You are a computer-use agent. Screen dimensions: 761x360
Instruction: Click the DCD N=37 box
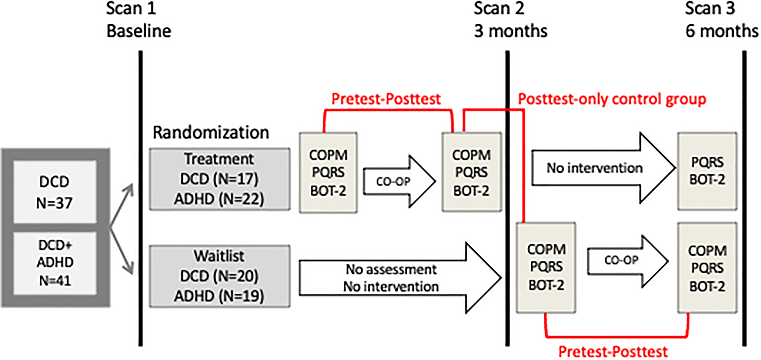click(55, 192)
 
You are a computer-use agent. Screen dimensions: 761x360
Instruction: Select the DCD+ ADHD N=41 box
click(55, 263)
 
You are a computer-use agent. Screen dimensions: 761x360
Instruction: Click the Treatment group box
click(219, 179)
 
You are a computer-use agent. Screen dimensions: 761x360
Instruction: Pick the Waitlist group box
click(219, 276)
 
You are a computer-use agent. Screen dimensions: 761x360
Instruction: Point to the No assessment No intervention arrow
click(400, 278)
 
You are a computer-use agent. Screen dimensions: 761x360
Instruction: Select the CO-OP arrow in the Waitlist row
click(628, 261)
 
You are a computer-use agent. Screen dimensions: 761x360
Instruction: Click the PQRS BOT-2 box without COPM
click(707, 171)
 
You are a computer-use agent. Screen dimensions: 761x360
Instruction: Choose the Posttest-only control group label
click(612, 99)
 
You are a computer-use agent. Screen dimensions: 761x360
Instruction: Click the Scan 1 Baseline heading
click(139, 20)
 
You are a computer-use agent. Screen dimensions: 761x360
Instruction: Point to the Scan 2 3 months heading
click(510, 20)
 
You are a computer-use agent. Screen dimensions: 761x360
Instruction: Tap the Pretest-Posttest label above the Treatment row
click(386, 99)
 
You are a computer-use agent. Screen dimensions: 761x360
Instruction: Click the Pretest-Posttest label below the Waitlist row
click(613, 352)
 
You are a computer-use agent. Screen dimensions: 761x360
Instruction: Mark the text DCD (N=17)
click(219, 179)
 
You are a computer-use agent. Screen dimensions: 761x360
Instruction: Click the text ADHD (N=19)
click(219, 296)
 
